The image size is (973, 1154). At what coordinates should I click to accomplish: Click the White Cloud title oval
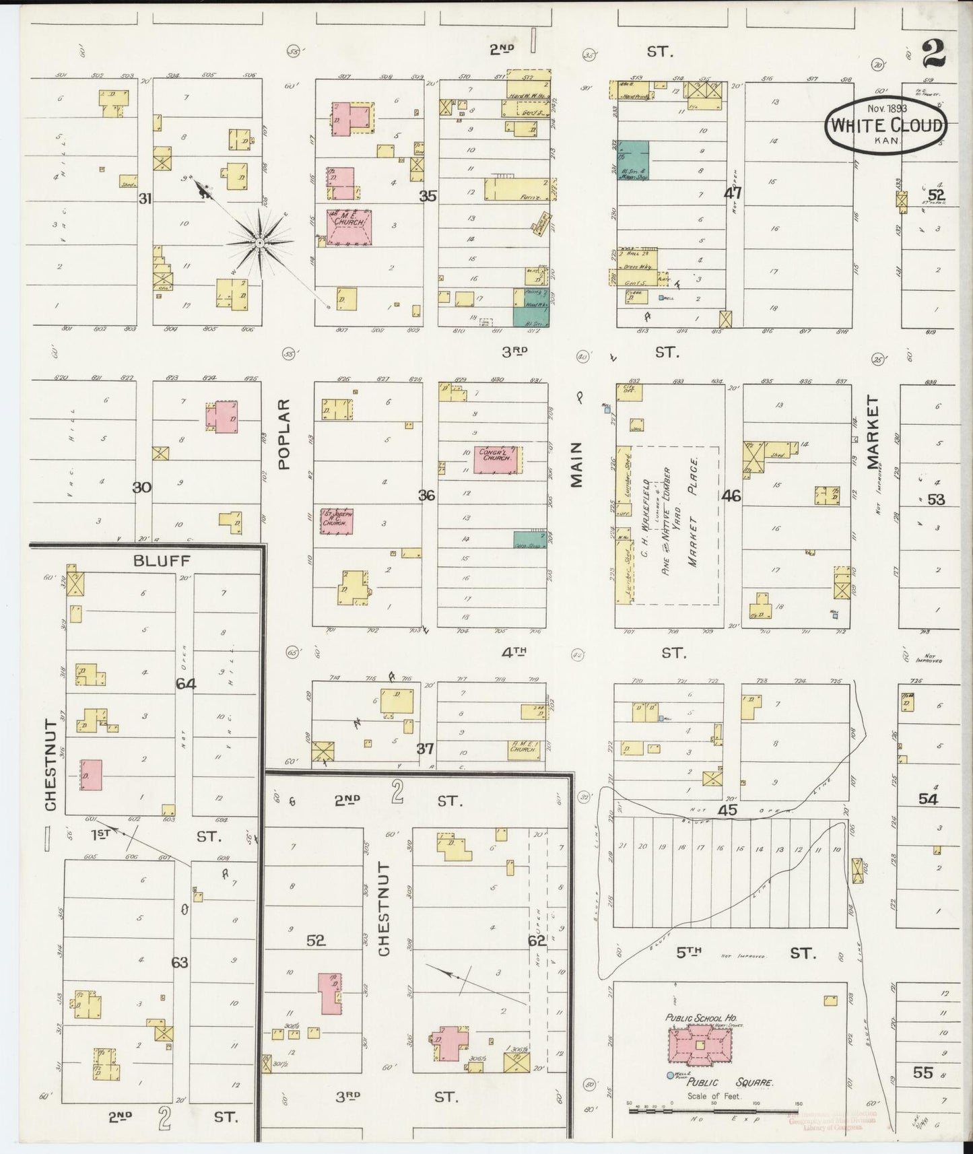886,126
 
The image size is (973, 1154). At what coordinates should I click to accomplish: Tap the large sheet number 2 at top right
934,54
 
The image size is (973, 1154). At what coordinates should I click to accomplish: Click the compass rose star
259,242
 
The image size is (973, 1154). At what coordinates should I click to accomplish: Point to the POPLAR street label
283,434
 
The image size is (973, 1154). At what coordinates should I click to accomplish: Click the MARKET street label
873,432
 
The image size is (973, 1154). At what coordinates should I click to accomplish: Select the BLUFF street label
162,560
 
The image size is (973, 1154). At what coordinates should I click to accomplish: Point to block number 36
426,496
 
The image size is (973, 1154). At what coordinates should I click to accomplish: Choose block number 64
186,683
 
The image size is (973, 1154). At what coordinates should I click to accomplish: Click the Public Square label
730,1083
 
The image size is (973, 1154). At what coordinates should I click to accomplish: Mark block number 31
145,199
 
